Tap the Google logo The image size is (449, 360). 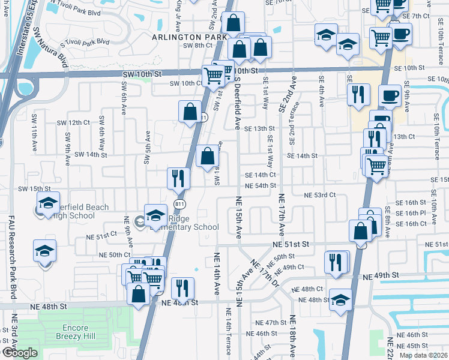pos(20,352)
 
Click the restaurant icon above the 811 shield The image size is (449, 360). pos(178,178)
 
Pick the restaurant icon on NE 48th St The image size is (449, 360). pos(182,288)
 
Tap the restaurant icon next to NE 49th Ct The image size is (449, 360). pos(337,261)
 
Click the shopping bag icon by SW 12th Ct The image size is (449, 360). pos(190,111)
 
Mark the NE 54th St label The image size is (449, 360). pos(260,185)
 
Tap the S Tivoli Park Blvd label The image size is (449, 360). pos(85,42)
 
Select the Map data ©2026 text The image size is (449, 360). pos(424,355)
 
